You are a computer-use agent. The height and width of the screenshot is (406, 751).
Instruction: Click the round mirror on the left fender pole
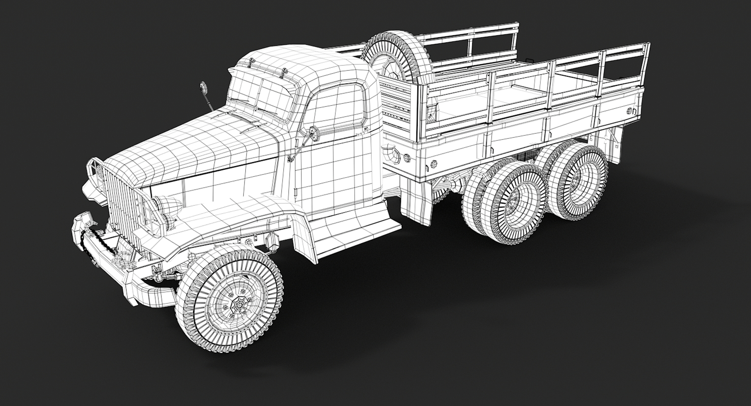(x=203, y=88)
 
